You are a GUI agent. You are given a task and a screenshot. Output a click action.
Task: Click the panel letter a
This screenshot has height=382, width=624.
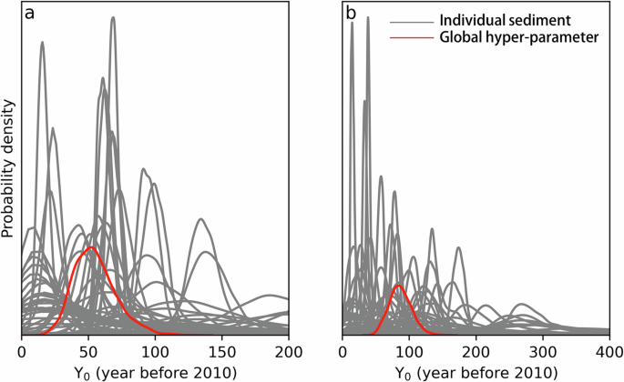pos(31,15)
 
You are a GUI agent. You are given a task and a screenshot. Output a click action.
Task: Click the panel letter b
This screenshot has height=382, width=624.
pos(352,15)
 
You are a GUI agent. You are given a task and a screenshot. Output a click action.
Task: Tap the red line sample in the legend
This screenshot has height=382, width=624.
pos(411,38)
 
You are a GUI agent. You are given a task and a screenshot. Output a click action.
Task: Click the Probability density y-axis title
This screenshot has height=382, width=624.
pos(9,168)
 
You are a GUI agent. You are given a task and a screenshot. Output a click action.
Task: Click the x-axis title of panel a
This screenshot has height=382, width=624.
pos(156,371)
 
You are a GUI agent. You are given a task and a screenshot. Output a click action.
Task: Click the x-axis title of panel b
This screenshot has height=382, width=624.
pos(476,371)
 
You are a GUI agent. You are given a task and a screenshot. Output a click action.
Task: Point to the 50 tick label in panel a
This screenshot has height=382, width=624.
pos(88,350)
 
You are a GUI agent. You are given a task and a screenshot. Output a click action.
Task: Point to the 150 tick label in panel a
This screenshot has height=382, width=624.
pos(222,350)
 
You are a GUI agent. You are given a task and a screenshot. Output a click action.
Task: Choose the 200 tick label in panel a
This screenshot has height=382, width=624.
pos(289,350)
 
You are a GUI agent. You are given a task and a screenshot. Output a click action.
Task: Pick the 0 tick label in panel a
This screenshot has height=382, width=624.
pos(22,350)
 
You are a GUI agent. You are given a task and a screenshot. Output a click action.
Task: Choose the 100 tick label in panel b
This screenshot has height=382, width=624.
pos(409,350)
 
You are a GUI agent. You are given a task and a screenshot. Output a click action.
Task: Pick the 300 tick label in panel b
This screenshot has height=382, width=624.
pos(543,350)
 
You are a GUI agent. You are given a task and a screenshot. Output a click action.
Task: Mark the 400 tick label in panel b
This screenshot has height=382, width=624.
pos(609,350)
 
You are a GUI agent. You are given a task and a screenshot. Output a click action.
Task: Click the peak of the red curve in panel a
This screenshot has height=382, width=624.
pos(89,247)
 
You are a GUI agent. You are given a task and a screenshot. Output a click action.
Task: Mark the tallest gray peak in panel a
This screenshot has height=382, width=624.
pos(113,17)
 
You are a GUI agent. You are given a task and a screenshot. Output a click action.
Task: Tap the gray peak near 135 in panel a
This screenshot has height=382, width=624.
pos(201,219)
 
